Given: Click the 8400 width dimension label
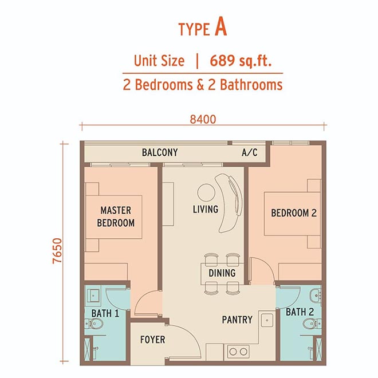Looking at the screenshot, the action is tap(203, 119).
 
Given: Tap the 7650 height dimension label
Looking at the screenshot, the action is tap(58, 251).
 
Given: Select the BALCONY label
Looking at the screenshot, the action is tap(160, 152).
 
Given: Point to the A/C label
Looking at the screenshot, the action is tap(250, 152).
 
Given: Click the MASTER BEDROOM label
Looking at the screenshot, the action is tap(116, 216).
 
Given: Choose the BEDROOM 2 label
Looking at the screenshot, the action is tap(294, 213).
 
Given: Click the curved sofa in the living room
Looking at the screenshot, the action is tap(229, 203).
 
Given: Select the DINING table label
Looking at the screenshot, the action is tap(222, 273).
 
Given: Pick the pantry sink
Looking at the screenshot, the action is tap(267, 320).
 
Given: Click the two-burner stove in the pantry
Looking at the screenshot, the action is tap(238, 352).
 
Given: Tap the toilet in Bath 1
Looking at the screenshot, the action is tap(94, 324).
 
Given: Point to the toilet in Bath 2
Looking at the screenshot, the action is tap(312, 324).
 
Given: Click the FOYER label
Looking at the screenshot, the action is tap(152, 340).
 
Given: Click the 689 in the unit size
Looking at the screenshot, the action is tap(222, 60).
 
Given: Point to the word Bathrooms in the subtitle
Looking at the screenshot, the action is tap(251, 85).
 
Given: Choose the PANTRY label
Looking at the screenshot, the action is tap(237, 320).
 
